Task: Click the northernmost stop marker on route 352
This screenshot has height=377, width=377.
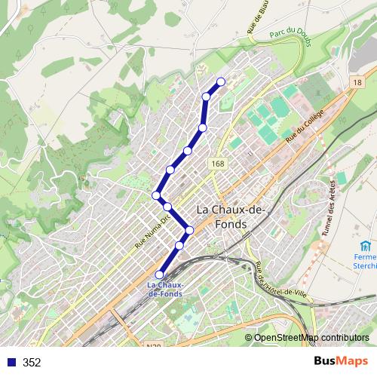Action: pyautogui.click(x=221, y=81)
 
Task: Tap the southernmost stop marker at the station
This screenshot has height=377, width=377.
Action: pyautogui.click(x=159, y=274)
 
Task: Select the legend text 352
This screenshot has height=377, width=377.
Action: pyautogui.click(x=32, y=363)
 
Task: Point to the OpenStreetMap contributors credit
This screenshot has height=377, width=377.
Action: pyautogui.click(x=307, y=338)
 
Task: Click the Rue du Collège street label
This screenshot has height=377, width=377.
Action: pyautogui.click(x=304, y=127)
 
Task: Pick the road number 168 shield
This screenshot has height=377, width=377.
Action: pyautogui.click(x=219, y=163)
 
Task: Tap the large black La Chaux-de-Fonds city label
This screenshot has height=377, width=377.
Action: pyautogui.click(x=230, y=216)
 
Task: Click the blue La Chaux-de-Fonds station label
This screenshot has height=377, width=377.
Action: pyautogui.click(x=164, y=289)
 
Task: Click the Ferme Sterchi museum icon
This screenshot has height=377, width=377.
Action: pyautogui.click(x=366, y=247)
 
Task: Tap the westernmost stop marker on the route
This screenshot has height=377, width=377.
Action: pyautogui.click(x=157, y=195)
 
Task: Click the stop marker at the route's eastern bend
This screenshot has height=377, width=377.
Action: pyautogui.click(x=189, y=230)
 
